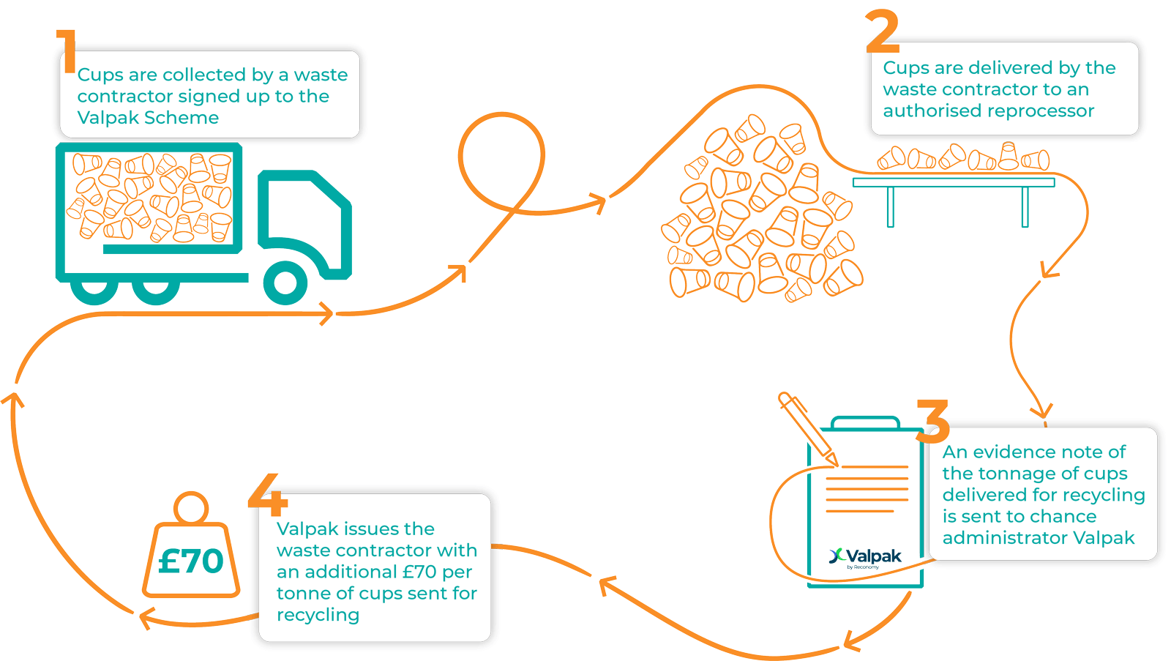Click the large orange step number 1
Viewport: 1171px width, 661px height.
point(68,51)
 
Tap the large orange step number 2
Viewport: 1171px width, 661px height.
point(883,32)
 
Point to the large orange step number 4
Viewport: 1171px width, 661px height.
point(269,495)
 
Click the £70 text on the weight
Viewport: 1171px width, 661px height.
point(191,561)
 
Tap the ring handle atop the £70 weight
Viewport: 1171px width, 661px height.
point(192,507)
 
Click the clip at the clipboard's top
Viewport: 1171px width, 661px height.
point(865,423)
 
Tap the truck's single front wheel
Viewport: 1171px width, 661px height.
point(285,283)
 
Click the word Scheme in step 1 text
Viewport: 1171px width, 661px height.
point(182,118)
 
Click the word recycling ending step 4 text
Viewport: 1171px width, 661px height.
point(318,615)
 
